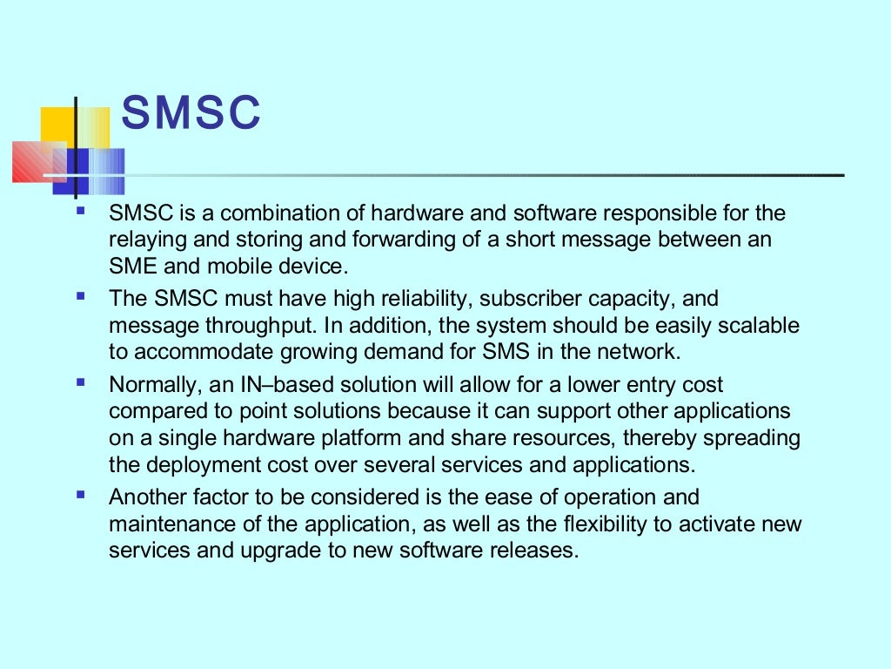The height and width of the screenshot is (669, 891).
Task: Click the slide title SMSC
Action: (x=191, y=113)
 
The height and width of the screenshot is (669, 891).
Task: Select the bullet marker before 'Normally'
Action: (x=81, y=382)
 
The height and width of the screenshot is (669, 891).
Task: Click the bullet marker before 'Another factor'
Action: (x=81, y=496)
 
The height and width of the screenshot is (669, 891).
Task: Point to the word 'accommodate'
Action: (x=208, y=352)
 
